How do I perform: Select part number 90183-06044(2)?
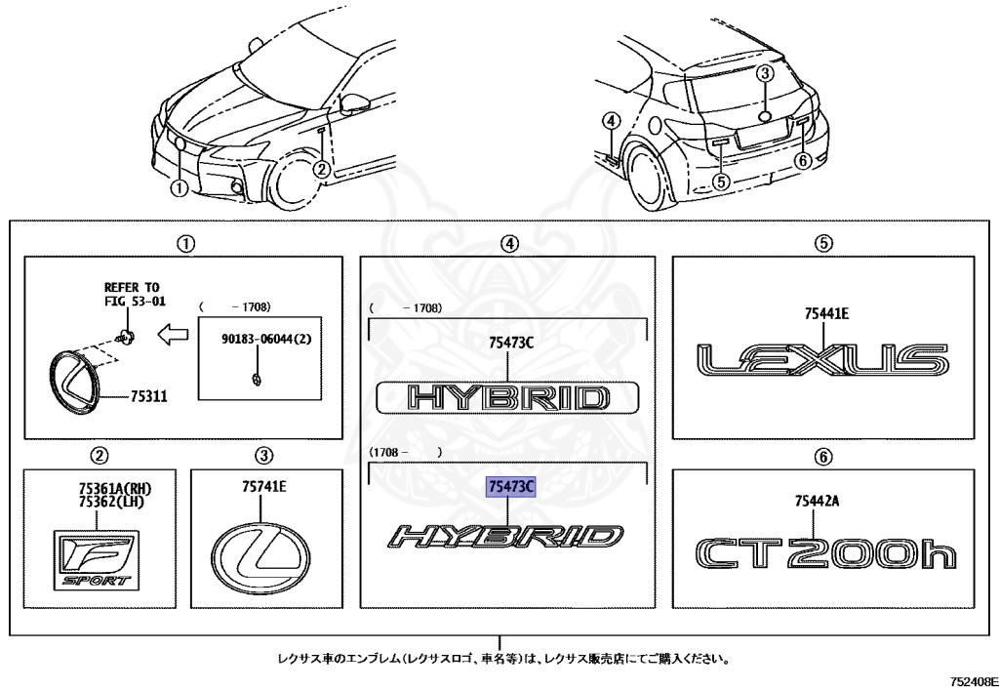pos(260,339)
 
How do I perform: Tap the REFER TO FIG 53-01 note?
pos(132,294)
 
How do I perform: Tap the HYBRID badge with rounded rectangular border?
pos(508,398)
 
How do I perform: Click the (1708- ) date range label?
pos(406,451)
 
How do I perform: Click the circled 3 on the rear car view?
pos(766,73)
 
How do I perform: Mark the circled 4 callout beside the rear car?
pos(611,121)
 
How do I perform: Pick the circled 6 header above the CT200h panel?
pos(823,455)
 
